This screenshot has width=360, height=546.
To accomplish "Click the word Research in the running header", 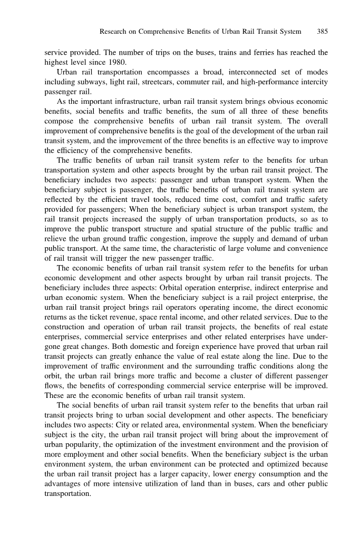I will pyautogui.click(x=114, y=32).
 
